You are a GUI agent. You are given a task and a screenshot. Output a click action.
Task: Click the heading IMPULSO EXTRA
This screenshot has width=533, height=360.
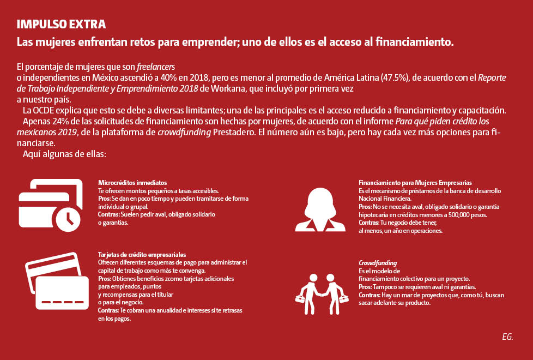tap(61, 25)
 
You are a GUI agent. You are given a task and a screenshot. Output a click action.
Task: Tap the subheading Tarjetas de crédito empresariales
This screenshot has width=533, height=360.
tap(142, 255)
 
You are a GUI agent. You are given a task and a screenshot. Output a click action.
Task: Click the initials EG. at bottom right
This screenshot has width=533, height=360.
tap(507, 337)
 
